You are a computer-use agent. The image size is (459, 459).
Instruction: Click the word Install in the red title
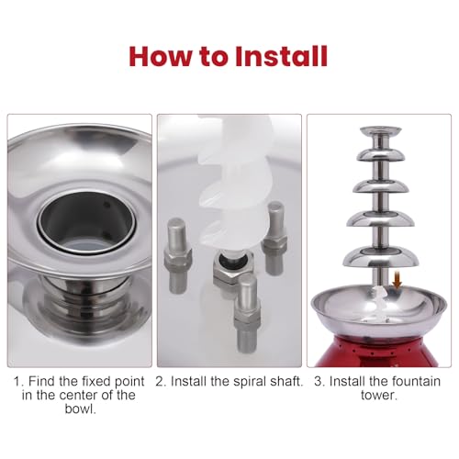click(x=282, y=56)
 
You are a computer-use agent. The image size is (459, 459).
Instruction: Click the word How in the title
click(x=162, y=56)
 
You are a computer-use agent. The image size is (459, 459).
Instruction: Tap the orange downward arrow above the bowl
click(x=397, y=279)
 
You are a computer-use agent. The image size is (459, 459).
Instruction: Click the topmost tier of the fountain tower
click(x=380, y=130)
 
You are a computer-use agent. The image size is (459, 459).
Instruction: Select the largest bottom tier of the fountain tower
click(x=381, y=257)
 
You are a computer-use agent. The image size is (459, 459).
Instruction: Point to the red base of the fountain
click(x=379, y=352)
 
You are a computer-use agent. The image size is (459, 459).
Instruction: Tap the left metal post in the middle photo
click(x=178, y=256)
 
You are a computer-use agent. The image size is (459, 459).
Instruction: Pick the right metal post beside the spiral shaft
click(x=274, y=238)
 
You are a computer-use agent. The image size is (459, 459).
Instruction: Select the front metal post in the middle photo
click(x=248, y=314)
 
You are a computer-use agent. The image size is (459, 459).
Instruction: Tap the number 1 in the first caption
click(x=17, y=382)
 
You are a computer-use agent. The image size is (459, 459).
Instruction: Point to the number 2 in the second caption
click(x=160, y=382)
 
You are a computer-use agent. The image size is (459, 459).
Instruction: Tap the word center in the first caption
click(x=79, y=396)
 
